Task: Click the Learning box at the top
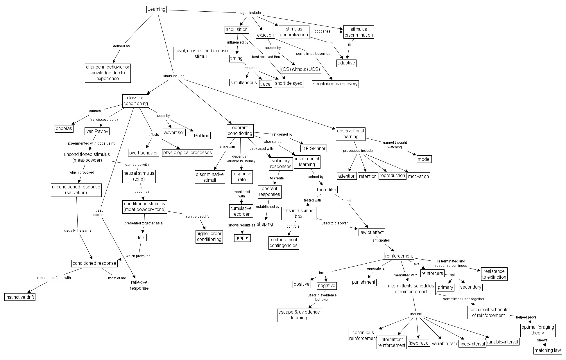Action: [x=156, y=9]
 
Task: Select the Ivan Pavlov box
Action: [x=97, y=131]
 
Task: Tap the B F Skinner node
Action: [x=314, y=148]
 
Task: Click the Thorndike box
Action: [x=326, y=190]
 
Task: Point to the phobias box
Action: [x=64, y=128]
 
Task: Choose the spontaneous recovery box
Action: [x=335, y=84]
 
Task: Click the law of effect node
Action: [x=372, y=232]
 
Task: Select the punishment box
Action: [x=364, y=282]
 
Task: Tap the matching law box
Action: [x=548, y=350]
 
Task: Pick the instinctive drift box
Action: [x=20, y=297]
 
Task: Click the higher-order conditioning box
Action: [x=209, y=236]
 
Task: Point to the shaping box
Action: [x=265, y=224]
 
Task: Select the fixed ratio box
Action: [x=418, y=343]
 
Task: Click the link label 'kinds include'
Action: [x=174, y=76]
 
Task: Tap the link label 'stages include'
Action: [x=249, y=13]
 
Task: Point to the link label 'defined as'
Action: [x=121, y=46]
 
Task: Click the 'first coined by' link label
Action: [x=281, y=134]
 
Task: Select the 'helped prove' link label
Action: [x=526, y=317]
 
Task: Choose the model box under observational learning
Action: [x=424, y=159]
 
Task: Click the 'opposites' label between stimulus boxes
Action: [x=322, y=31]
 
